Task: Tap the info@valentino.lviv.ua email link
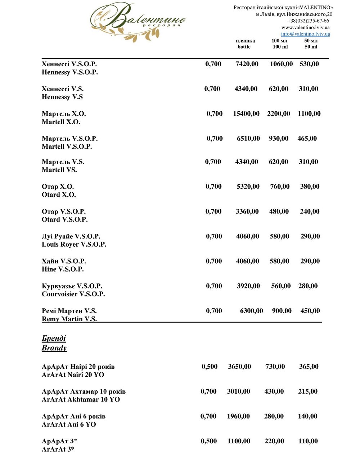(305, 34)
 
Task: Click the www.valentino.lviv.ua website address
(305, 27)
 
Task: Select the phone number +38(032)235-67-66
(308, 21)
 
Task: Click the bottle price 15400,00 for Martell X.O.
(246, 114)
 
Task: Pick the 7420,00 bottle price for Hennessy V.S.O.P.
(247, 64)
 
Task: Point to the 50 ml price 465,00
(307, 139)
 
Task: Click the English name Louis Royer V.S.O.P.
(74, 245)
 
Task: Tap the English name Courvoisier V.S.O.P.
(73, 294)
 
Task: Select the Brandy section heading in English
(54, 348)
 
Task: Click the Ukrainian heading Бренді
(54, 339)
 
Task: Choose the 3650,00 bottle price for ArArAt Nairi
(239, 367)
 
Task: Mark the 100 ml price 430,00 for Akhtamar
(274, 391)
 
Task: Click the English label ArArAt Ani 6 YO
(69, 425)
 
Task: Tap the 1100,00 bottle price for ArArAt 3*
(239, 441)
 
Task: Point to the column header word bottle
(244, 47)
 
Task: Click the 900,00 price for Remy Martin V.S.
(282, 311)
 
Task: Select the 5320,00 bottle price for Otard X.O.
(248, 187)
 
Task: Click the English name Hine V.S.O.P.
(63, 269)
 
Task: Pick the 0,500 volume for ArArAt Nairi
(210, 367)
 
